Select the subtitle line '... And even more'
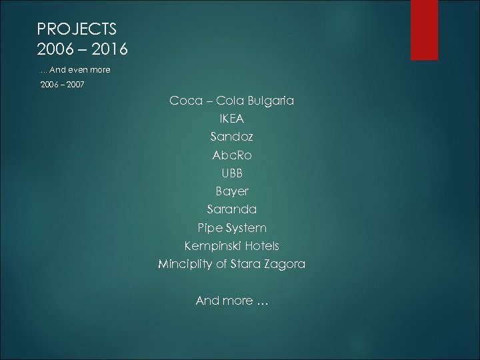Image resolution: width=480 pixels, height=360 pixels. [75, 69]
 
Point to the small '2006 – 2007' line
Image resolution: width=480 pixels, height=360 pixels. [62, 86]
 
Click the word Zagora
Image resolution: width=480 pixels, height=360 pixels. [285, 265]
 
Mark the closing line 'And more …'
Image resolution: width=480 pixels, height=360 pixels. [232, 301]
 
